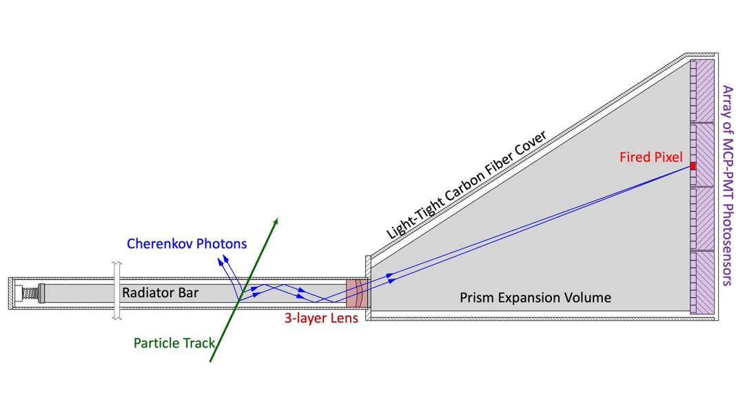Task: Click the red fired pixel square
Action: tap(693, 166)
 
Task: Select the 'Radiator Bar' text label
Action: tap(160, 292)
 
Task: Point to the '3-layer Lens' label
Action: tap(320, 319)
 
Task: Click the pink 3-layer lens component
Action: tap(356, 293)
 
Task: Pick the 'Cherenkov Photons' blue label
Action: tap(187, 243)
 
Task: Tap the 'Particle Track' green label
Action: tap(174, 343)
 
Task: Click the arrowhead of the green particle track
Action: tap(276, 221)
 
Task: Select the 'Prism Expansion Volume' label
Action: tap(535, 298)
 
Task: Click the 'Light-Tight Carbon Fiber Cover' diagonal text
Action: tap(467, 185)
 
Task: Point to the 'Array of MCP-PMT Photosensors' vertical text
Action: tap(725, 185)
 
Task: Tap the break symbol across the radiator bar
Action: tap(117, 291)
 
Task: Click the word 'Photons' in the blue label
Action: tap(222, 243)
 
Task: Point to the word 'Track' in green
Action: tap(198, 343)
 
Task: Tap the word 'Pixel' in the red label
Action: tap(668, 158)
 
